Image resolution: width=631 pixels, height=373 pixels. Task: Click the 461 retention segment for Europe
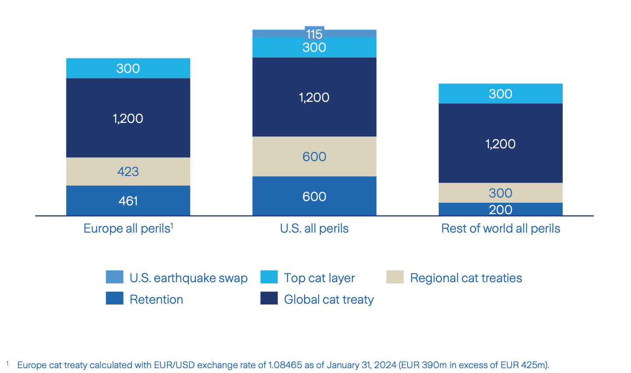128,201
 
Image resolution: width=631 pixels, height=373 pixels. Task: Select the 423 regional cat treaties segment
128,171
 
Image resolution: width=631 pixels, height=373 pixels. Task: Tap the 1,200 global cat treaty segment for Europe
128,118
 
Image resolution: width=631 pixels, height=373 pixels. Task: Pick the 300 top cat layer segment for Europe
128,68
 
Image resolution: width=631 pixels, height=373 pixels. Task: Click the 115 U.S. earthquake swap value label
314,34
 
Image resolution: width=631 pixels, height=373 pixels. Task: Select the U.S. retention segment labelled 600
314,196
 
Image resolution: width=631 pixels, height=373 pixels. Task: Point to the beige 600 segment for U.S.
314,157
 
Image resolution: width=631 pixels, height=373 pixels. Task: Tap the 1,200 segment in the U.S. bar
314,97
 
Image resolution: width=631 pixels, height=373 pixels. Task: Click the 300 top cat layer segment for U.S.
314,47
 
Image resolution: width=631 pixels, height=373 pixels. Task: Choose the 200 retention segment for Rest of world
500,209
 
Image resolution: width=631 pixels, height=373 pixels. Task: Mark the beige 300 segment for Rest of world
500,193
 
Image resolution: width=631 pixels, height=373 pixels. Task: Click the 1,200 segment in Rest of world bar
500,143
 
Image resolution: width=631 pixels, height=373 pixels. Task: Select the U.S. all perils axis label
314,229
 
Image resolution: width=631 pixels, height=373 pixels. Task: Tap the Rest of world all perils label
500,229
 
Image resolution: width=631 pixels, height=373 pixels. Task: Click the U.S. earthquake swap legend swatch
114,277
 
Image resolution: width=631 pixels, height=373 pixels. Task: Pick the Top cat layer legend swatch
269,277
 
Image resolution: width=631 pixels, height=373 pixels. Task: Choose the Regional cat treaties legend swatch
395,277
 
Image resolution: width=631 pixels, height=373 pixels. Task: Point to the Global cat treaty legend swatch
269,298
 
